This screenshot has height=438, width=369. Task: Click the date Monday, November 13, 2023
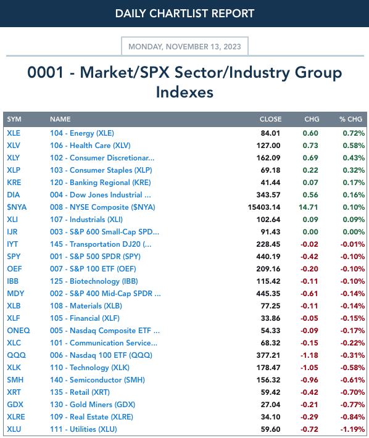pyautogui.click(x=184, y=46)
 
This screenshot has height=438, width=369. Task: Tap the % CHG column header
pyautogui.click(x=350, y=119)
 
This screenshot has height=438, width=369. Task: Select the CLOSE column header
pyautogui.click(x=270, y=119)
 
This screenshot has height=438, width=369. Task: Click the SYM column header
pyautogui.click(x=14, y=119)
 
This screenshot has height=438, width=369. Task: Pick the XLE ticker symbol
pyautogui.click(x=14, y=133)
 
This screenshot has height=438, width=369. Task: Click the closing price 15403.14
pyautogui.click(x=264, y=207)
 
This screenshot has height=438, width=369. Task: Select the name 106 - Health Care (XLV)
pyautogui.click(x=90, y=146)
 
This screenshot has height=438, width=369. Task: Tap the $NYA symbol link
pyautogui.click(x=17, y=207)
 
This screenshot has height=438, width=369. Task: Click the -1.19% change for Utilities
pyautogui.click(x=352, y=429)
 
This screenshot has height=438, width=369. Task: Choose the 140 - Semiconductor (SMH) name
pyautogui.click(x=97, y=380)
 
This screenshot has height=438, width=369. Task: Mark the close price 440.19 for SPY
pyautogui.click(x=268, y=257)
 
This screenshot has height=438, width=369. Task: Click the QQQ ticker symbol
pyautogui.click(x=16, y=355)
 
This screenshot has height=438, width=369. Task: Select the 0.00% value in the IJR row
pyautogui.click(x=354, y=232)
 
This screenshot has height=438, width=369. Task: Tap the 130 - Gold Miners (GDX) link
pyautogui.click(x=93, y=405)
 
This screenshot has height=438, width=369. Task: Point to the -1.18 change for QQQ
pyautogui.click(x=309, y=355)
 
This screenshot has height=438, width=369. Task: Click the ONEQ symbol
pyautogui.click(x=19, y=331)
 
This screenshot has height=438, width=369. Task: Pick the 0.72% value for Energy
pyautogui.click(x=354, y=133)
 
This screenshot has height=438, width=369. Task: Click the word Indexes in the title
pyautogui.click(x=184, y=92)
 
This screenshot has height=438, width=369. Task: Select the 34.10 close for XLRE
pyautogui.click(x=270, y=417)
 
